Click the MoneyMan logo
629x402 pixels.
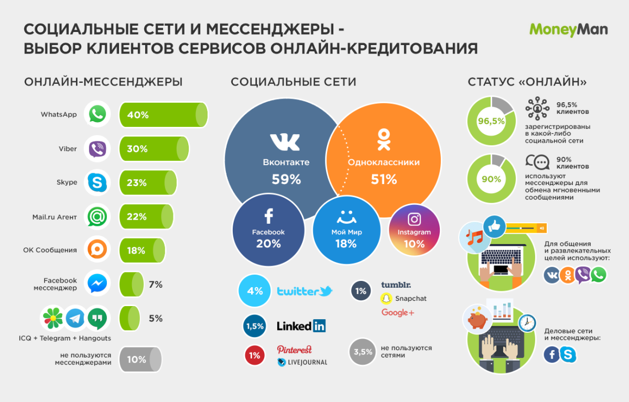pyautogui.click(x=568, y=29)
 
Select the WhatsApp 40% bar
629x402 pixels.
pyautogui.click(x=163, y=115)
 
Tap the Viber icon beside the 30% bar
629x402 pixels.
pyautogui.click(x=97, y=149)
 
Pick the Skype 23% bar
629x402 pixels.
pyautogui.click(x=148, y=183)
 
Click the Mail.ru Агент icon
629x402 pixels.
pyautogui.click(x=97, y=216)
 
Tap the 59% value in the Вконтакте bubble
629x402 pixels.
pyautogui.click(x=286, y=179)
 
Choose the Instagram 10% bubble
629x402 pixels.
pyautogui.click(x=414, y=231)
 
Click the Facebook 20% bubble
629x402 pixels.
pyautogui.click(x=268, y=230)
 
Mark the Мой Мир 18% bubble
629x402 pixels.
pyautogui.click(x=346, y=231)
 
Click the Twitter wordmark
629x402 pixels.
pyautogui.click(x=305, y=291)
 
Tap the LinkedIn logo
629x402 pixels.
pyautogui.click(x=301, y=326)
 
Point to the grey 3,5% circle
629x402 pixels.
pyautogui.click(x=363, y=351)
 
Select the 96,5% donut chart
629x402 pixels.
pyautogui.click(x=491, y=121)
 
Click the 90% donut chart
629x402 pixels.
pyautogui.click(x=491, y=179)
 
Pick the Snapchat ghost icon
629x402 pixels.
pyautogui.click(x=386, y=299)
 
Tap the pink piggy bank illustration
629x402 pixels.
pyautogui.click(x=476, y=318)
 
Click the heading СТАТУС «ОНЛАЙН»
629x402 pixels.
pyautogui.click(x=527, y=82)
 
